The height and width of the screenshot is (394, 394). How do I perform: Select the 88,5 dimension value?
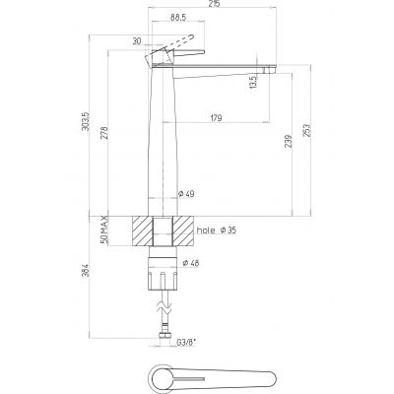(x=178, y=18)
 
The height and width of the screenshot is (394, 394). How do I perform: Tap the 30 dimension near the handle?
(x=134, y=40)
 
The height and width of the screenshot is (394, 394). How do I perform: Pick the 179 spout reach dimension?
(x=215, y=119)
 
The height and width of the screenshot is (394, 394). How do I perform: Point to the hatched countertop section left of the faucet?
(x=142, y=230)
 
